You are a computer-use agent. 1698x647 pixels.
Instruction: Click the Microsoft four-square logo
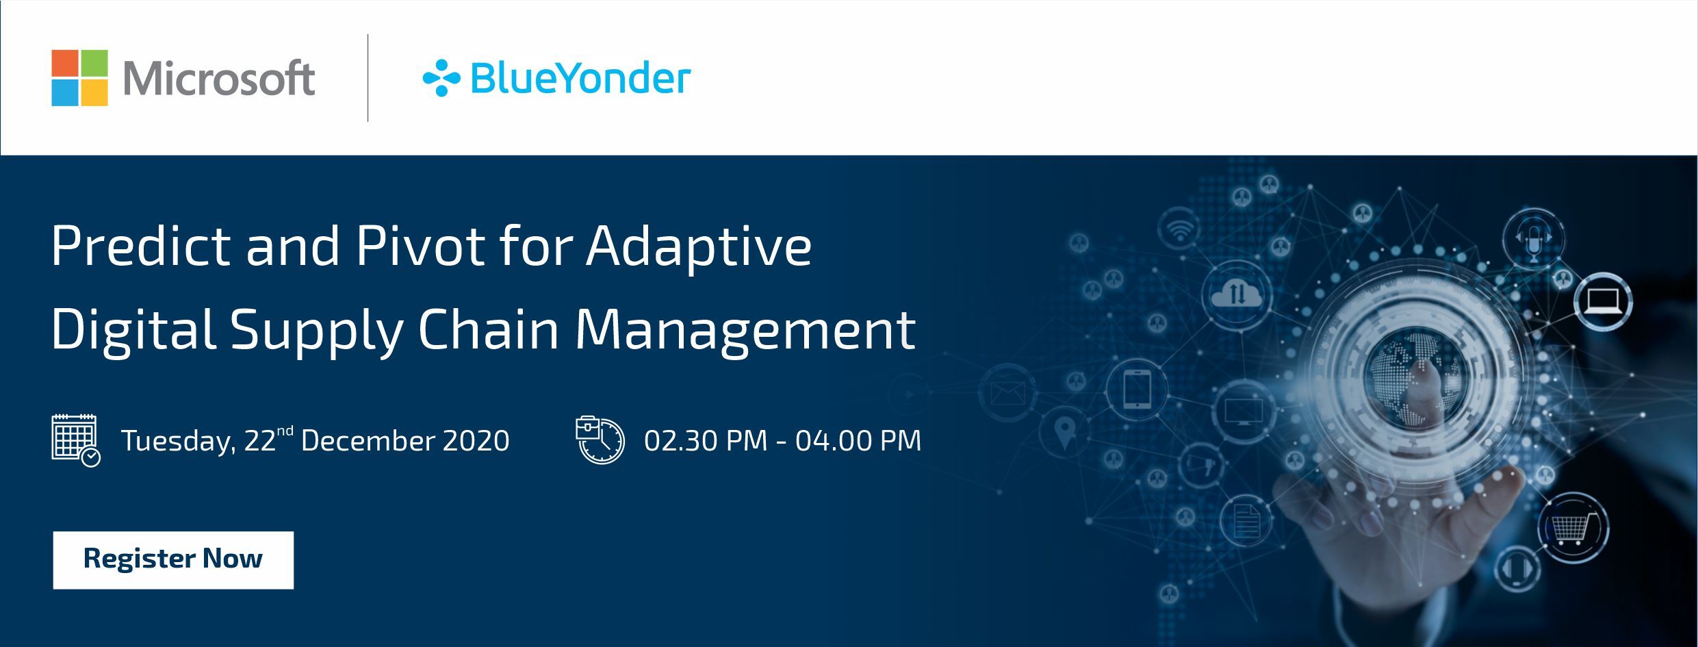79,78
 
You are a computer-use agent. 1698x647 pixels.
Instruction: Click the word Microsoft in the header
219,78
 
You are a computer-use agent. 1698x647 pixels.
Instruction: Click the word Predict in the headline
141,246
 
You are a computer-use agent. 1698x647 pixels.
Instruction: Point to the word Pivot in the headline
420,246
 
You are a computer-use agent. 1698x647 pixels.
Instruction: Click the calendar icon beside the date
75,440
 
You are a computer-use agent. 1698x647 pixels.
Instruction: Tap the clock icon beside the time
600,440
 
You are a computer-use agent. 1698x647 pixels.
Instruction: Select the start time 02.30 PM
706,440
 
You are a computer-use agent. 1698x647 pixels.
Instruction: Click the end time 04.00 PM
859,440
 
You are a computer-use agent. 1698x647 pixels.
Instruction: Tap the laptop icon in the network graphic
1602,301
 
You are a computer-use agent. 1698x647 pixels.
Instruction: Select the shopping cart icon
1573,528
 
